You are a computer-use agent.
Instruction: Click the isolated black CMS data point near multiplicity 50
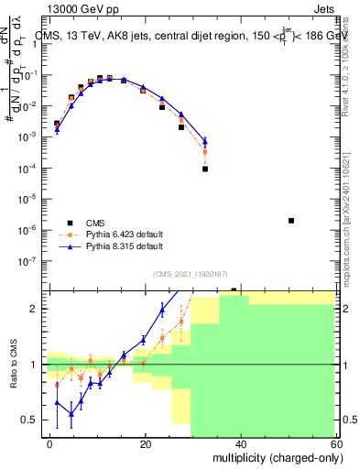[x=290, y=221]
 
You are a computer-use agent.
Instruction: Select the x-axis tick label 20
[x=146, y=442]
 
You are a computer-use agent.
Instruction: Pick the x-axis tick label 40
[x=240, y=442]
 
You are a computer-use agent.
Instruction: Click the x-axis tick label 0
[x=50, y=442]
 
